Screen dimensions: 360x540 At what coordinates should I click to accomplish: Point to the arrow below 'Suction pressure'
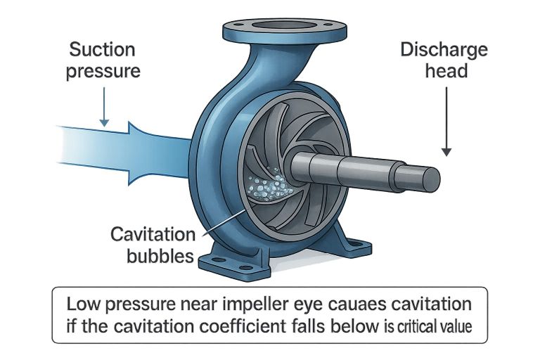click(x=104, y=105)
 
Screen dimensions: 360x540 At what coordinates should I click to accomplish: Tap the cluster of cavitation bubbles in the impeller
click(x=274, y=186)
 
